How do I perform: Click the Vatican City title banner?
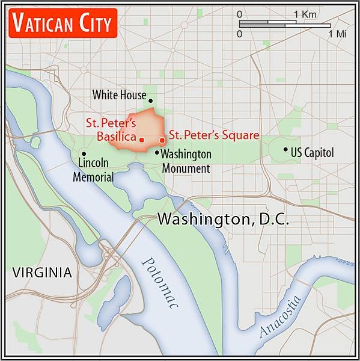point(62,23)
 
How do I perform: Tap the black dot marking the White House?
point(151,101)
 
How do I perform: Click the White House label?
point(119,95)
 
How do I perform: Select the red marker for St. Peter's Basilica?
point(142,140)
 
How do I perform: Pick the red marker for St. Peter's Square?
point(162,140)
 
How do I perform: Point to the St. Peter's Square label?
point(214,135)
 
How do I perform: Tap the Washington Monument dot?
point(157,153)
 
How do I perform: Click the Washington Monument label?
point(186,161)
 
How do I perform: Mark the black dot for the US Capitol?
point(285,149)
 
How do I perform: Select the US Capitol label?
point(311,153)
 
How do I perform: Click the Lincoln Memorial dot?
point(83,153)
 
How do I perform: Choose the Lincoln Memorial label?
point(93,170)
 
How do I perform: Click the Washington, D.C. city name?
point(223,220)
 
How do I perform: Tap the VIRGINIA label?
point(42,273)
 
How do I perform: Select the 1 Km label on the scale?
point(306,14)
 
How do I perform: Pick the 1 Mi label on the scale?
point(338,34)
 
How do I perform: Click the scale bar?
point(284,24)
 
